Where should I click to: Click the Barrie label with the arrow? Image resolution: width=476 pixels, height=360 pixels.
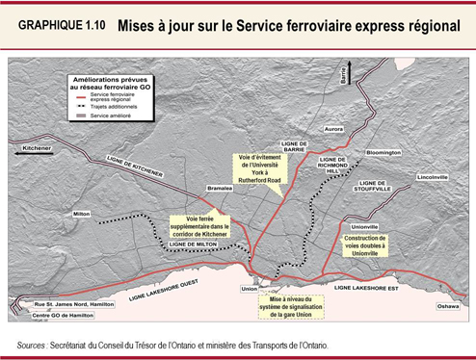point(342,75)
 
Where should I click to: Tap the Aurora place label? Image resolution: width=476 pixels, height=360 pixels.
point(334,128)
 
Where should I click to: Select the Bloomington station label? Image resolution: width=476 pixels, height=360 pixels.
point(383,152)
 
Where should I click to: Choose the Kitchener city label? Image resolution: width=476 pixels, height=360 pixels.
point(36,148)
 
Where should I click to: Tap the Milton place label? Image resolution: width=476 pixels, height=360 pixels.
point(82,213)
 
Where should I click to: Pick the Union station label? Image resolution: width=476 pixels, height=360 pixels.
point(249,288)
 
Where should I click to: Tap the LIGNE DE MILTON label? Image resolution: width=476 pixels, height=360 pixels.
point(193,244)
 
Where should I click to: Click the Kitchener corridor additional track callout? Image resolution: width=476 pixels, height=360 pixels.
point(199,225)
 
